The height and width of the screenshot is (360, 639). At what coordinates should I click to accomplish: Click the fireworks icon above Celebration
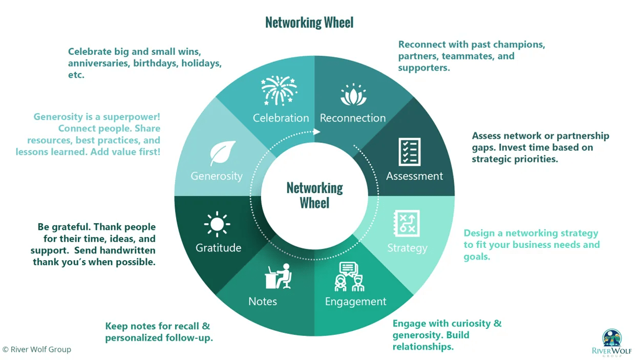(x=279, y=91)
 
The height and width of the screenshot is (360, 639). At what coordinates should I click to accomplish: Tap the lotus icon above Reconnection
(x=353, y=95)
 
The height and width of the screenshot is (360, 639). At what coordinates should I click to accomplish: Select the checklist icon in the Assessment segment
(x=410, y=152)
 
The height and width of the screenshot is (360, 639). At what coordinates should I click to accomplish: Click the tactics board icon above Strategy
(x=407, y=223)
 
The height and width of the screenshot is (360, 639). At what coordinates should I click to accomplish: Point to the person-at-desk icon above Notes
(x=278, y=277)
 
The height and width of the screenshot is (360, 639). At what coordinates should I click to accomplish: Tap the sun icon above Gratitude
(x=217, y=224)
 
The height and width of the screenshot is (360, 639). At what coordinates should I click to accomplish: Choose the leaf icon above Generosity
(x=223, y=153)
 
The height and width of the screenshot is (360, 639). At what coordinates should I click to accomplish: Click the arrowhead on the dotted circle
(x=317, y=132)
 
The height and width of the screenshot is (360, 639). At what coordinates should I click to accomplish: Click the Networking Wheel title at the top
(x=309, y=23)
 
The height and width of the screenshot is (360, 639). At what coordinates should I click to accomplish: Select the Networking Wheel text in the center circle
(x=314, y=195)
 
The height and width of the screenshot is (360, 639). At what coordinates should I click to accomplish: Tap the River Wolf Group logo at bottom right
(x=612, y=342)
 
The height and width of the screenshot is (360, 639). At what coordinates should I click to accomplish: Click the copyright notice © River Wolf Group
(x=36, y=350)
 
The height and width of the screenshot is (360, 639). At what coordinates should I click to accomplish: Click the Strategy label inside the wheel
(x=407, y=248)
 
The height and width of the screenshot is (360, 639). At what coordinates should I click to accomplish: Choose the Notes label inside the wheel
(x=263, y=301)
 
